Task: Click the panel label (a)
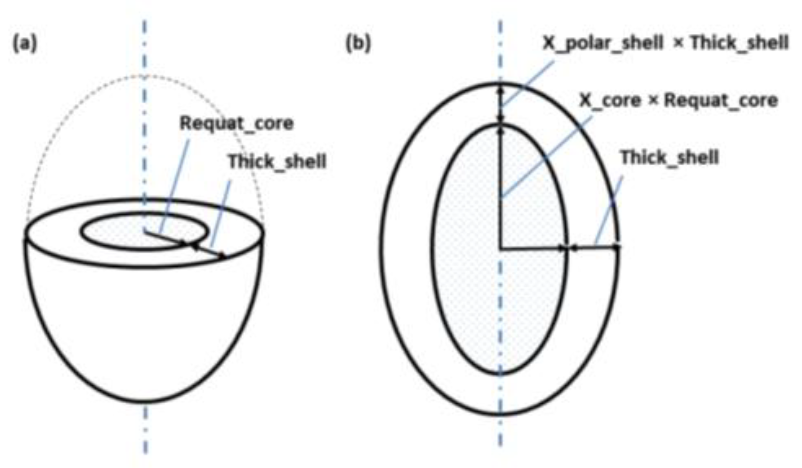(25, 44)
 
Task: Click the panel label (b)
(358, 44)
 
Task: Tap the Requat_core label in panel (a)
(237, 123)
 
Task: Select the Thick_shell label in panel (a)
(277, 162)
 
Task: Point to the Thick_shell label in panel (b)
(670, 158)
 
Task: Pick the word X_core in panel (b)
(610, 100)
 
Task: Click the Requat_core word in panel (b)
(721, 100)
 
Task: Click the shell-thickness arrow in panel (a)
(208, 251)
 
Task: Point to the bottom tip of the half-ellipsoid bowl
(146, 402)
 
